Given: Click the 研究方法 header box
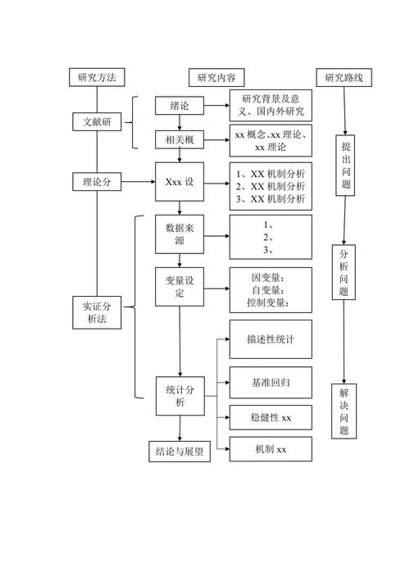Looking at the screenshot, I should click(x=97, y=78).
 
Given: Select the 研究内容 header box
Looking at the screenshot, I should click(x=216, y=78).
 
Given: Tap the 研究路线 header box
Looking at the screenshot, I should click(x=348, y=78).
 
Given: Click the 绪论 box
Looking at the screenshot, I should click(x=180, y=106).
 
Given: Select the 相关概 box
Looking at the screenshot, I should click(x=180, y=140).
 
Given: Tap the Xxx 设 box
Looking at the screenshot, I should click(x=180, y=182).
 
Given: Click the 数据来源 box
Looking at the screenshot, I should click(x=180, y=234).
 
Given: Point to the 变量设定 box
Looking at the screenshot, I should click(x=180, y=288).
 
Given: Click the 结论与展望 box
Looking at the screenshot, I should click(x=180, y=452).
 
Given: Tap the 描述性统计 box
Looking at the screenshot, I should click(x=271, y=339).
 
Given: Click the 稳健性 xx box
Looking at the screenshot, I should click(x=271, y=418).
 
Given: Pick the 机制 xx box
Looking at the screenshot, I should click(x=271, y=449).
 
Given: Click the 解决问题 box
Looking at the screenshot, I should click(x=345, y=411).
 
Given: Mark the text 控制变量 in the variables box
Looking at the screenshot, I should click(x=268, y=303).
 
